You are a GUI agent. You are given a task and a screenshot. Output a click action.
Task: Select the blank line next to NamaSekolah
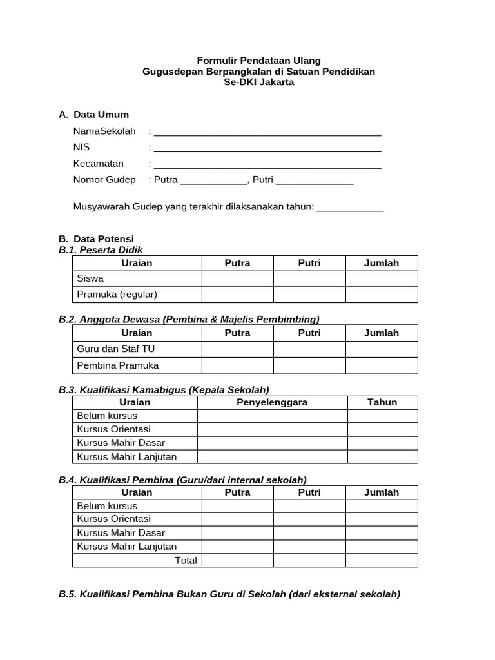tap(267, 133)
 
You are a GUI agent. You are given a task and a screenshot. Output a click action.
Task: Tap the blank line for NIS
tap(267, 149)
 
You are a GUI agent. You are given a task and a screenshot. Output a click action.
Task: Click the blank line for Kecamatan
tap(267, 165)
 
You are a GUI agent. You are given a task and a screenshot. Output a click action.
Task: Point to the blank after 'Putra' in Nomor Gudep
tap(213, 181)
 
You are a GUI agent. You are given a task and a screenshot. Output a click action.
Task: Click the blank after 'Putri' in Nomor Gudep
tap(315, 181)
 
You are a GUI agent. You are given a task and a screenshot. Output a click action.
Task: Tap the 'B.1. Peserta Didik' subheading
tap(101, 250)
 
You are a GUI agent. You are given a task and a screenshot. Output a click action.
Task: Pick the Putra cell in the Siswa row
tap(237, 278)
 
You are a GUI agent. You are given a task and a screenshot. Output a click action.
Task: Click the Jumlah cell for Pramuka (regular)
tap(382, 295)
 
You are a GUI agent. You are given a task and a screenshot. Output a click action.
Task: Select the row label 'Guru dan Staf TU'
tap(116, 349)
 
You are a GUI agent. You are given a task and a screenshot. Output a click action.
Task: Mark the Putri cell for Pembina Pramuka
tap(309, 365)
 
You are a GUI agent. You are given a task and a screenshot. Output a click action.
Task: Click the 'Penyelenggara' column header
tap(272, 402)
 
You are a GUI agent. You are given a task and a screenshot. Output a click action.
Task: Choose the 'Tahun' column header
tap(382, 402)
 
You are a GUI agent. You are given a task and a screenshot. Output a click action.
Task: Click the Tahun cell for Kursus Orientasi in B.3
tap(382, 429)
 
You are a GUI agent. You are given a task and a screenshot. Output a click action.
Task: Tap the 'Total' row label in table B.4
tap(186, 560)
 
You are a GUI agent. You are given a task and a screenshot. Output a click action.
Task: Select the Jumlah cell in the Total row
tap(382, 560)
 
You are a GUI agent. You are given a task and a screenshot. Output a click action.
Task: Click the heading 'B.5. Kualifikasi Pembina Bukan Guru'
tap(229, 594)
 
